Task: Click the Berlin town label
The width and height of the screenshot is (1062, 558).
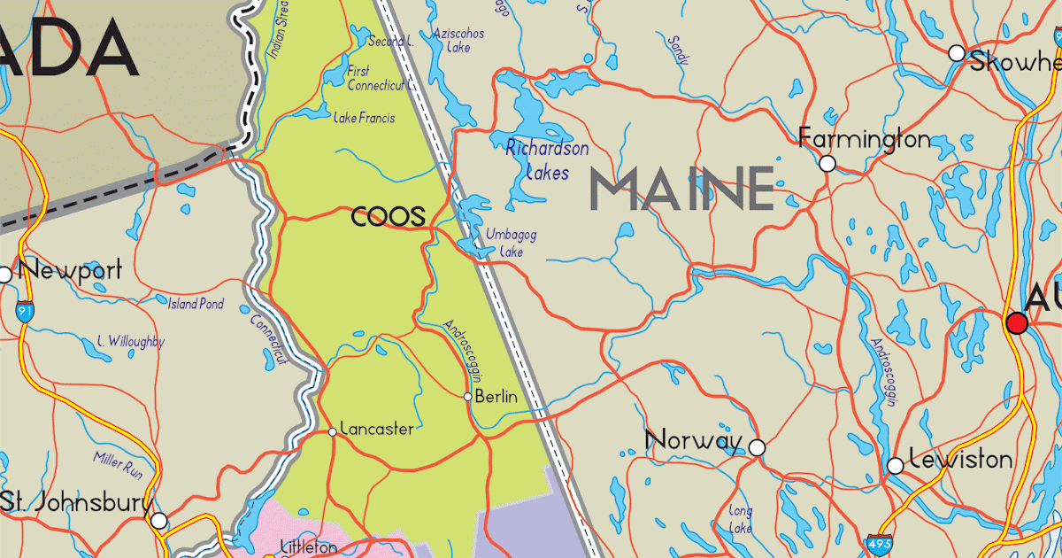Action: tap(496, 397)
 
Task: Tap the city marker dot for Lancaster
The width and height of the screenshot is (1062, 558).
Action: tap(333, 431)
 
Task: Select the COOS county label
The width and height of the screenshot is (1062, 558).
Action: tap(389, 216)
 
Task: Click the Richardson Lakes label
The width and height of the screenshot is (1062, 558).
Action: tap(547, 159)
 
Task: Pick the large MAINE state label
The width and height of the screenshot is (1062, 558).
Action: tap(681, 189)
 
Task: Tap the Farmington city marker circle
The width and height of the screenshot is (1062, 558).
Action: tap(827, 163)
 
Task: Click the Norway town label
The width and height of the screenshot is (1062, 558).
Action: tap(694, 440)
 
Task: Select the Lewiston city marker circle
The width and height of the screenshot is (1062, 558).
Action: tap(896, 465)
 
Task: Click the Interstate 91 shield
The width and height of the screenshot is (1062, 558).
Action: tap(24, 311)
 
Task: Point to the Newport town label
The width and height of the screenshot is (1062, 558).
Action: tap(69, 269)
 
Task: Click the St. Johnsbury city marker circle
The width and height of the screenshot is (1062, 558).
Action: tap(158, 521)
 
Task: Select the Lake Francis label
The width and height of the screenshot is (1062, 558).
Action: tap(365, 118)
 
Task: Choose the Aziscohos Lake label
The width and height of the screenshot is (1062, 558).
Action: tap(458, 41)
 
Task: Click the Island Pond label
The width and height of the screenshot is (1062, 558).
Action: tap(196, 304)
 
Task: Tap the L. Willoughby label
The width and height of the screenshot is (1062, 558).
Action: tap(131, 341)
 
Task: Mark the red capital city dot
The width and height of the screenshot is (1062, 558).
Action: tap(1018, 323)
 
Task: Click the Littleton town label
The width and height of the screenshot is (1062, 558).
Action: tap(308, 546)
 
